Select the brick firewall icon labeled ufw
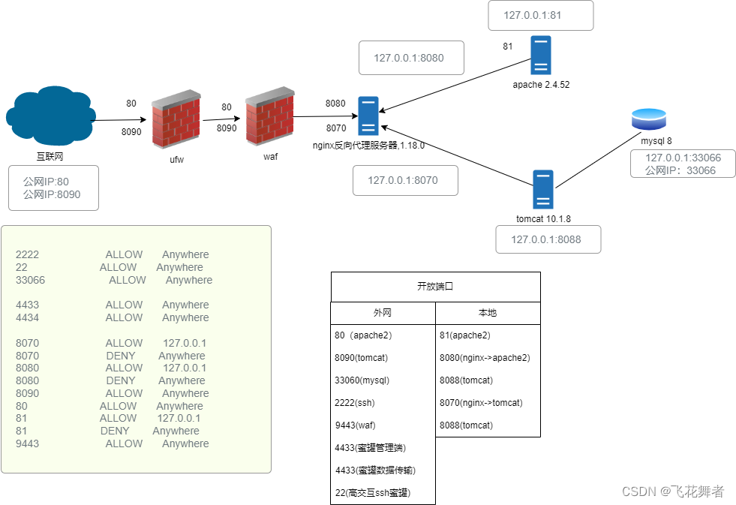coord(176,120)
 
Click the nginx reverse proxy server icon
coord(368,116)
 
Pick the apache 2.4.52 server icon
coord(540,55)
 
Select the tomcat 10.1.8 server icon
coord(543,189)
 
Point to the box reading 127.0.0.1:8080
coord(411,58)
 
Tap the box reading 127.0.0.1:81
coord(540,15)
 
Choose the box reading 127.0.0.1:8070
coord(405,180)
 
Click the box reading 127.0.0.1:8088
coord(548,239)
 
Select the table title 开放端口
coord(435,287)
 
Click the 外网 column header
coord(383,313)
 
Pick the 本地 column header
coord(488,313)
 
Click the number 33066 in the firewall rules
coord(31,280)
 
